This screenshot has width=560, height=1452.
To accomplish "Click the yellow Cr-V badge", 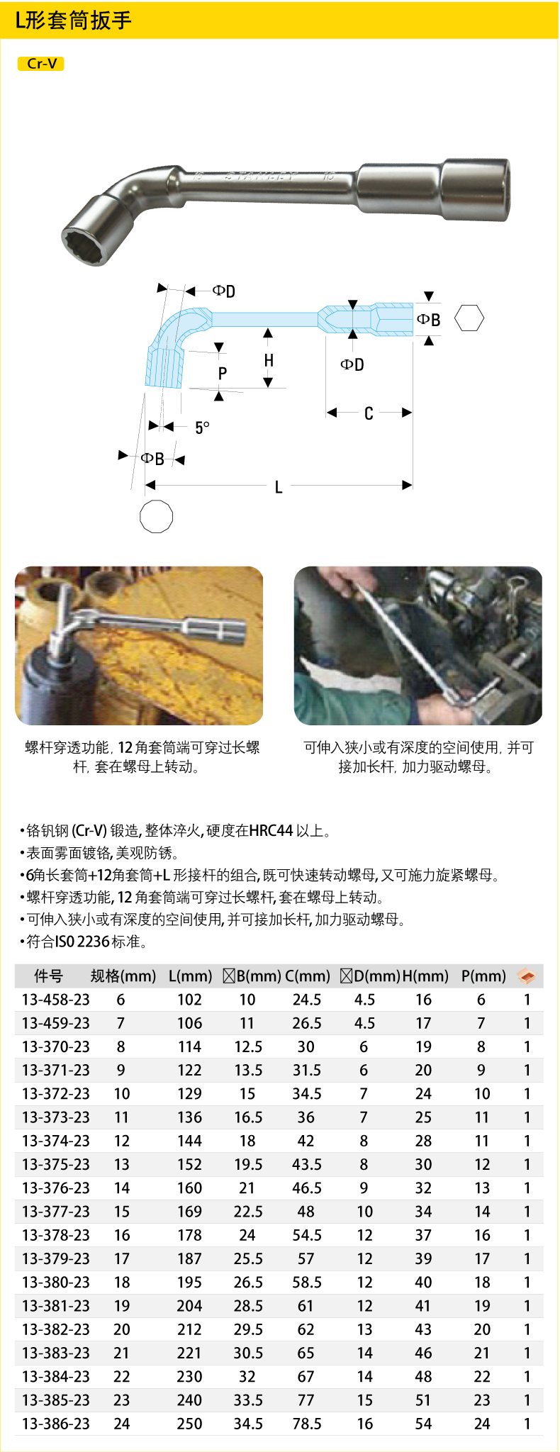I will click(x=41, y=64).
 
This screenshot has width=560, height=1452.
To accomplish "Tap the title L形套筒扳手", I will click(x=74, y=20).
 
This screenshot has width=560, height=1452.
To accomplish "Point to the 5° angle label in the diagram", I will click(x=202, y=428).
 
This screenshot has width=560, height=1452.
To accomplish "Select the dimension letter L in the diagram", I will click(x=279, y=487).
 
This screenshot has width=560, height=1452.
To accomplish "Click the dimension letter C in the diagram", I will click(x=369, y=413).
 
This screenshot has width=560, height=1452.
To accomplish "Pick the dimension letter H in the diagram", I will click(x=269, y=360).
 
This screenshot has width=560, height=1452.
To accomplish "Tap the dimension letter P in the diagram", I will click(x=223, y=374).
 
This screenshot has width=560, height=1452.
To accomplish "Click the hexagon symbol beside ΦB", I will click(x=469, y=318).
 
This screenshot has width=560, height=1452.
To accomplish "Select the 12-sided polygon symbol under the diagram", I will click(x=156, y=516).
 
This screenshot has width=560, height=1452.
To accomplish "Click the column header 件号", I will click(x=48, y=976).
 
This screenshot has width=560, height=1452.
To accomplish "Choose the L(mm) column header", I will click(x=190, y=976).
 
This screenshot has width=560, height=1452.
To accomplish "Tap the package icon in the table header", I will click(x=527, y=976).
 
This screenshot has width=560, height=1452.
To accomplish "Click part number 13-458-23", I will click(x=56, y=1000).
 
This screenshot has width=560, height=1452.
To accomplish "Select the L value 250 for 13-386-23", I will click(x=189, y=1424).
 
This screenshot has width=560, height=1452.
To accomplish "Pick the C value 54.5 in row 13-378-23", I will click(x=307, y=1235).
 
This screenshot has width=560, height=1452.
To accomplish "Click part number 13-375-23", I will click(x=56, y=1164).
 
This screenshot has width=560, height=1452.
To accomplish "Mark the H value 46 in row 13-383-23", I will click(x=423, y=1353).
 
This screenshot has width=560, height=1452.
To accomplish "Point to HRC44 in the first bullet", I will click(x=271, y=830).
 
